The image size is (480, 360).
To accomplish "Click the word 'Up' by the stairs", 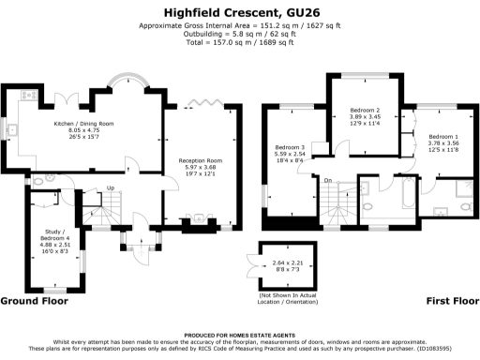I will pos(111,187).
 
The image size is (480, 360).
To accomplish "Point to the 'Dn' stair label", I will pos(328,180).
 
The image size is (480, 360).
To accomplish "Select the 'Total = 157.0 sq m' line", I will pos(239,43).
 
